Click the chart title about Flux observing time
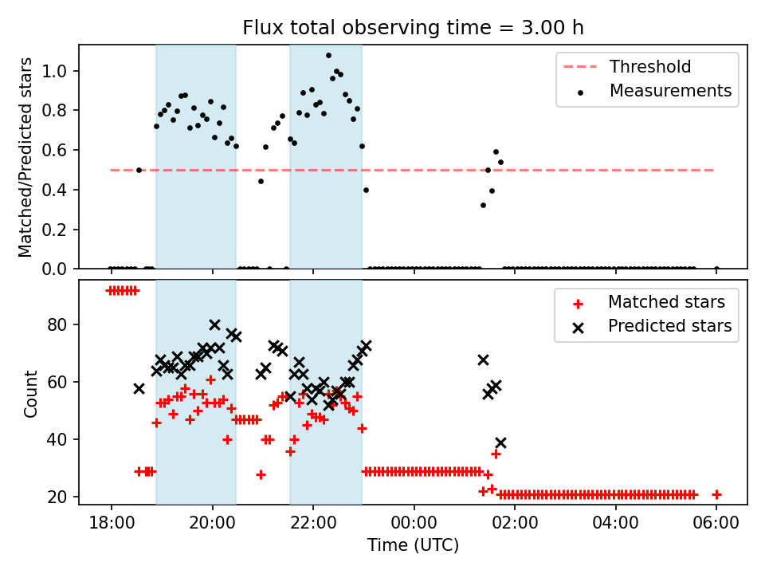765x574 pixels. point(413,28)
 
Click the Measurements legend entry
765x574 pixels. point(670,91)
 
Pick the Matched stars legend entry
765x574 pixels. point(666,302)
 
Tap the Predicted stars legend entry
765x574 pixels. point(669,326)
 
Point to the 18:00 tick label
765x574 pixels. point(111,525)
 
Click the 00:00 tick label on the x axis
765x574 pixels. point(414,525)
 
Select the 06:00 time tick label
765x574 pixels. point(716,525)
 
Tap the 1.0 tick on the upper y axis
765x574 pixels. point(61,71)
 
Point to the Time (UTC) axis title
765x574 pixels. point(413,545)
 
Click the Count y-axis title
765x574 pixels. point(31,394)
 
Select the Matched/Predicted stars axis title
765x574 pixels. point(26,157)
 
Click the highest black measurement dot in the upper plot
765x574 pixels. point(328,56)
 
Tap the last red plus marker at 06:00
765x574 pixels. point(716,494)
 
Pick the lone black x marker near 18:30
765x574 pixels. point(139,388)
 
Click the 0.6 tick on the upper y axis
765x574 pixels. point(61,150)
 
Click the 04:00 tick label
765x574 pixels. point(615,525)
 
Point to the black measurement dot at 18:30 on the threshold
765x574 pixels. point(139,170)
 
